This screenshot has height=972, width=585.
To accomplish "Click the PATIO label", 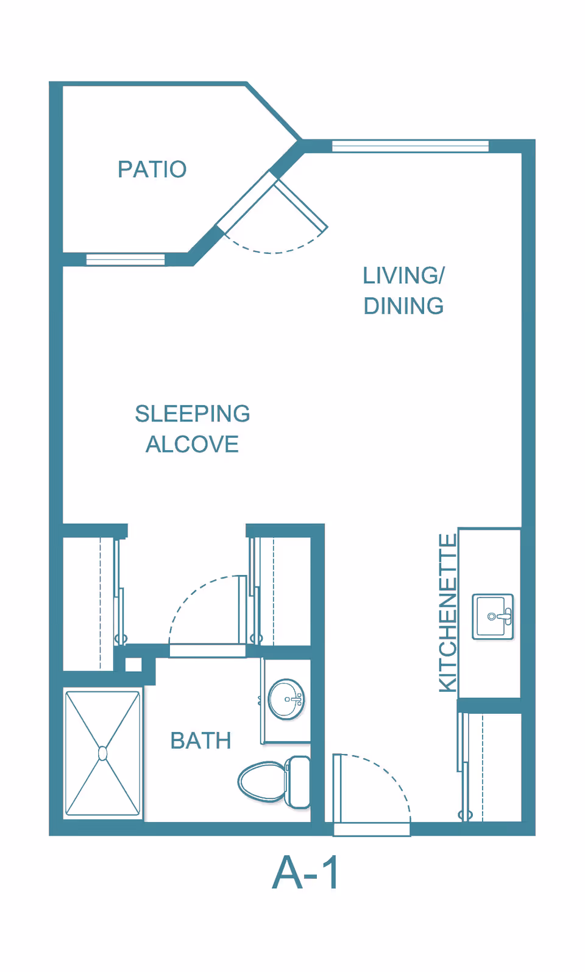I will coord(152,169).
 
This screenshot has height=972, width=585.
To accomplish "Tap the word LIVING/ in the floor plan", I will coord(403,275).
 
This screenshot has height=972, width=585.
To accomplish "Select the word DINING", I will coord(403,306).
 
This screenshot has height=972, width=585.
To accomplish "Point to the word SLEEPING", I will coord(192,414).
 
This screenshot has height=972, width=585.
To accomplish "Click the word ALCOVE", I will coord(192,444).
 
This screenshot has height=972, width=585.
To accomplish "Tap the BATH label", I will coord(200,741).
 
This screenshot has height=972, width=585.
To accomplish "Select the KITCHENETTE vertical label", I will coord(448,613).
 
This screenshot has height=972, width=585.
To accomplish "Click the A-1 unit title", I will coord(306,873).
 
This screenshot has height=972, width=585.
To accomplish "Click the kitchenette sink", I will coord(493,616).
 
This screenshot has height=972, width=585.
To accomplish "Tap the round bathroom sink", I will coord(286,700).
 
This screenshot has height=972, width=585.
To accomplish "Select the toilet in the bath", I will coord(263,781).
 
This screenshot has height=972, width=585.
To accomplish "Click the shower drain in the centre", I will coord(102,753).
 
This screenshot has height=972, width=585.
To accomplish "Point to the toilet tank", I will coord(299,781).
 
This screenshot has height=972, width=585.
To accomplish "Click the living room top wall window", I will coord(410,146).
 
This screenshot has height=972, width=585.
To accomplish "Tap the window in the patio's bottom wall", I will coord(126,260).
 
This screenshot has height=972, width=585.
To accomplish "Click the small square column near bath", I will coord(133,664).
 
